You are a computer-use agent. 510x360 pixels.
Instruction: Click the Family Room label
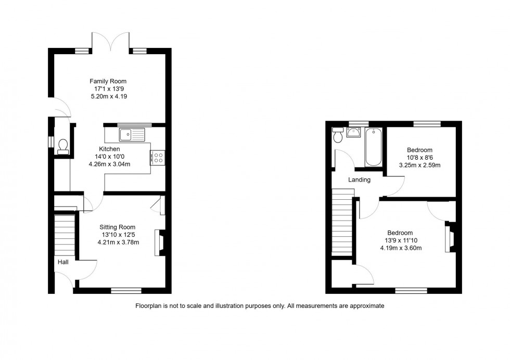pyautogui.click(x=108, y=81)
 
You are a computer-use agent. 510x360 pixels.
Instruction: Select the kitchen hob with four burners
pyautogui.click(x=158, y=158)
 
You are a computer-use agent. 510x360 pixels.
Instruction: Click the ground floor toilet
pyautogui.click(x=63, y=145)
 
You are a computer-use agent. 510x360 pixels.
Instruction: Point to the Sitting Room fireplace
pyautogui.click(x=160, y=243)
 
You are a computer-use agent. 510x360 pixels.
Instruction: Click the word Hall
pyautogui.click(x=63, y=262)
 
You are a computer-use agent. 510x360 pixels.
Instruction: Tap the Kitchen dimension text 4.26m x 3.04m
pyautogui.click(x=109, y=164)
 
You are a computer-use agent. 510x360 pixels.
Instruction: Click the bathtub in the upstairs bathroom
pyautogui.click(x=373, y=147)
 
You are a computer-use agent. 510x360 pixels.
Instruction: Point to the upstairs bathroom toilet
pyautogui.click(x=338, y=135)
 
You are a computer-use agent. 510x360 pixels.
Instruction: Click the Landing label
pyautogui.click(x=359, y=180)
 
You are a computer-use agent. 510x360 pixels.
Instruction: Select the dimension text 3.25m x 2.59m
pyautogui.click(x=419, y=165)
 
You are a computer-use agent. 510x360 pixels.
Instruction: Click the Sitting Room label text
pyautogui.click(x=118, y=227)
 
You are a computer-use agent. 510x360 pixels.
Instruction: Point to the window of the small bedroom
pyautogui.click(x=427, y=124)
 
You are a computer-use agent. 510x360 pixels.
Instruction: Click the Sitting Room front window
pyautogui.click(x=126, y=290)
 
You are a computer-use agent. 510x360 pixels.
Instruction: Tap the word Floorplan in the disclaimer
pyautogui.click(x=149, y=306)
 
